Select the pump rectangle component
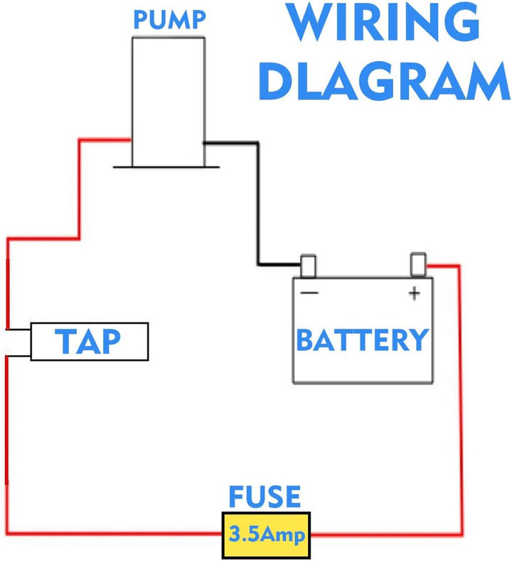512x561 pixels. pos(168,99)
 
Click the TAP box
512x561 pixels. pos(89,342)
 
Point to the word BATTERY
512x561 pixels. pos(363,341)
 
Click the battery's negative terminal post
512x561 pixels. pos(309,266)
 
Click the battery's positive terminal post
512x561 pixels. pos(417,263)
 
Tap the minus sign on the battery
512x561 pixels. pos(309,293)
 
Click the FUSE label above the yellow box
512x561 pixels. pos(265,498)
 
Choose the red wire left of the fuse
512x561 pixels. pos(114,534)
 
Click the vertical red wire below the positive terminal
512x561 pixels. pos(459,398)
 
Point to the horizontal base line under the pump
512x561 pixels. pos(168,168)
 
